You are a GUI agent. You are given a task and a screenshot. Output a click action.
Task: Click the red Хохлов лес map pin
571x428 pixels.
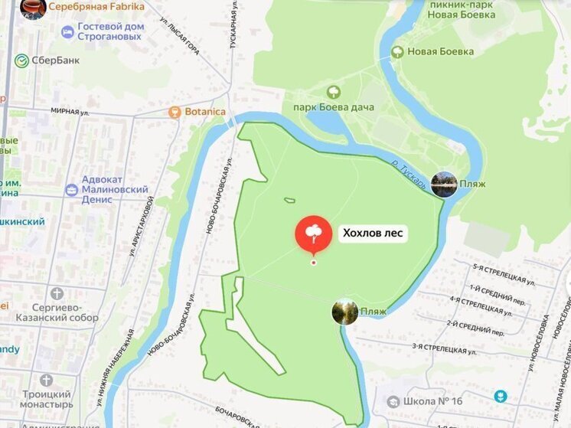tap(313, 234)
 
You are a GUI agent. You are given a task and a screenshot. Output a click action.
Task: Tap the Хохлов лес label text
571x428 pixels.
tap(373, 234)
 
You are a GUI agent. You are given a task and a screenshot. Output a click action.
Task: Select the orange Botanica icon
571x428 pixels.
tap(175, 112)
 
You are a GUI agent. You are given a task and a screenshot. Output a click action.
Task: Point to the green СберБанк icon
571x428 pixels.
tap(21, 60)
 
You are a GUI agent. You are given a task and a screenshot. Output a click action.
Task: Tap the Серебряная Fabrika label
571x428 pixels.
tap(96, 6)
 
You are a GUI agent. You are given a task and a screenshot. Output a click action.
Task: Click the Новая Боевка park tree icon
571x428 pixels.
tap(397, 52)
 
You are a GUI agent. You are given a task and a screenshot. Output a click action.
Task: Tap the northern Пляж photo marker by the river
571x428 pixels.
tap(444, 184)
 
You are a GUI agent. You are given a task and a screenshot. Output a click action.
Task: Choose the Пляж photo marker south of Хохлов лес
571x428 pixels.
tap(345, 312)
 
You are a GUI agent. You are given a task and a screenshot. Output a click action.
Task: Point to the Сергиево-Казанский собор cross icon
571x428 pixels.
tap(57, 293)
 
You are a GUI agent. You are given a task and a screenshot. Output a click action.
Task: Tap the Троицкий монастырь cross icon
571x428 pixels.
tap(47, 381)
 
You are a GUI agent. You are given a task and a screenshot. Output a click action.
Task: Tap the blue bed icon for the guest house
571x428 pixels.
tap(67, 31)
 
